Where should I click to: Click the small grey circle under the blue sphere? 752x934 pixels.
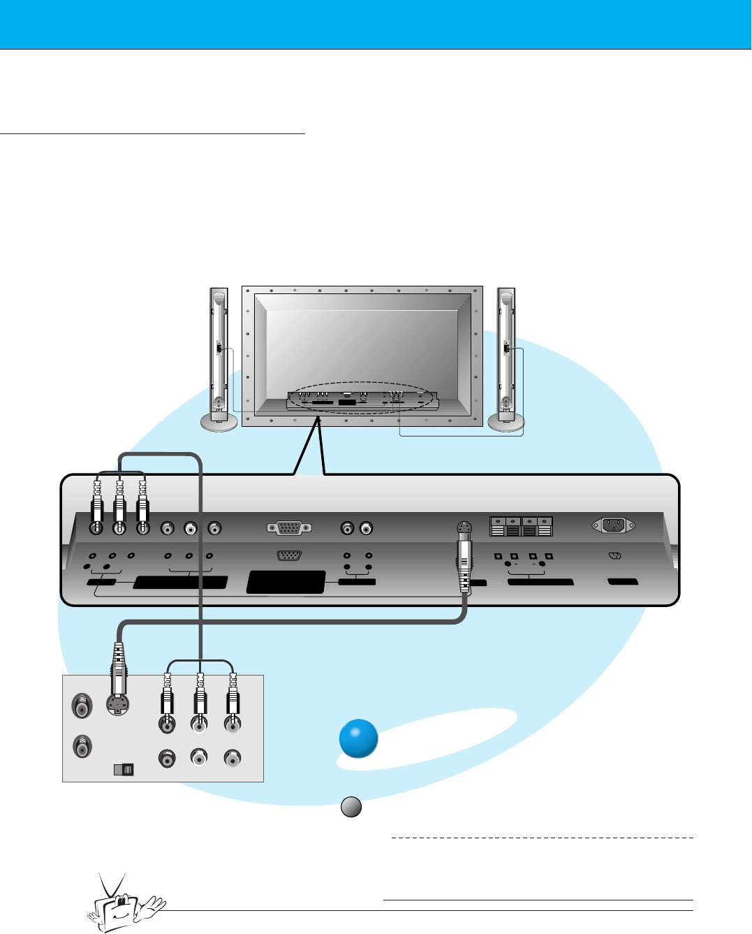351,807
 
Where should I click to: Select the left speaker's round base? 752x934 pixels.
219,422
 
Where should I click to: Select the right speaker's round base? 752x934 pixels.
506,422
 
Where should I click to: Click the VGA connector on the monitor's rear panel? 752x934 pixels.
289,528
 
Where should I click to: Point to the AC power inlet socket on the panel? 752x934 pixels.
613,525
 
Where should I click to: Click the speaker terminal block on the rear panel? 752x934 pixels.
521,526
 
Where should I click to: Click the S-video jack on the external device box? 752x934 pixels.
118,705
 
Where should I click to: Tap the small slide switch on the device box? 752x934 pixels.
123,770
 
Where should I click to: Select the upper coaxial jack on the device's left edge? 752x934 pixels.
82,706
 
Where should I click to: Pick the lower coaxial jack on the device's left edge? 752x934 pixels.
82,748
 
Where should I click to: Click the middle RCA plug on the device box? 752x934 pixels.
200,699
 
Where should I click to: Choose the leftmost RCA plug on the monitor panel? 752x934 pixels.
97,506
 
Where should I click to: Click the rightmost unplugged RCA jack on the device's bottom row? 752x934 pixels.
233,757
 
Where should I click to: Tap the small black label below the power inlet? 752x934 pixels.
623,581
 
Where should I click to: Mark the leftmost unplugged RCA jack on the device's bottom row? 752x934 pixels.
167,758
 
